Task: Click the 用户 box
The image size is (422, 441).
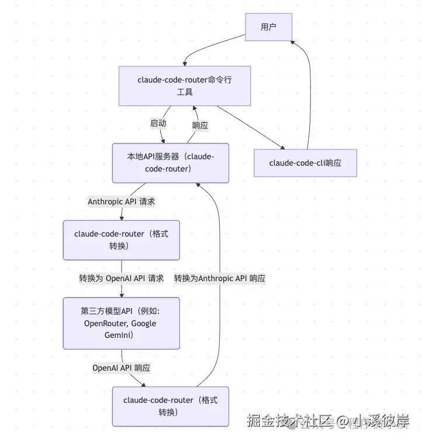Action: (268, 27)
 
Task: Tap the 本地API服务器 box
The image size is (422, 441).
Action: (170, 163)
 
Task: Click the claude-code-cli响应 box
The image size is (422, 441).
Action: (305, 163)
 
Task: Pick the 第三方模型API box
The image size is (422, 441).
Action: (121, 323)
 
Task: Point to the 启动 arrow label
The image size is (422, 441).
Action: (158, 124)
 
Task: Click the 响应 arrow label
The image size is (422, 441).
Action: (200, 125)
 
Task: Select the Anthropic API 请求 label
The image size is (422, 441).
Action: (122, 201)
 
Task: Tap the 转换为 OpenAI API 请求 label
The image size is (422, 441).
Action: (122, 278)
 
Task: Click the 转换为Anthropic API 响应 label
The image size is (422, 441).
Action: (220, 279)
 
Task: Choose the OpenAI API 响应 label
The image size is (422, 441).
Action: (122, 368)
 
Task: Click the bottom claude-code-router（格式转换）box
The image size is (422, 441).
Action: (170, 406)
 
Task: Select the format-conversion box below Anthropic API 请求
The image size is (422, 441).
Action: (121, 240)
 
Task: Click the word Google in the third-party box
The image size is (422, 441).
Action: (144, 323)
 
